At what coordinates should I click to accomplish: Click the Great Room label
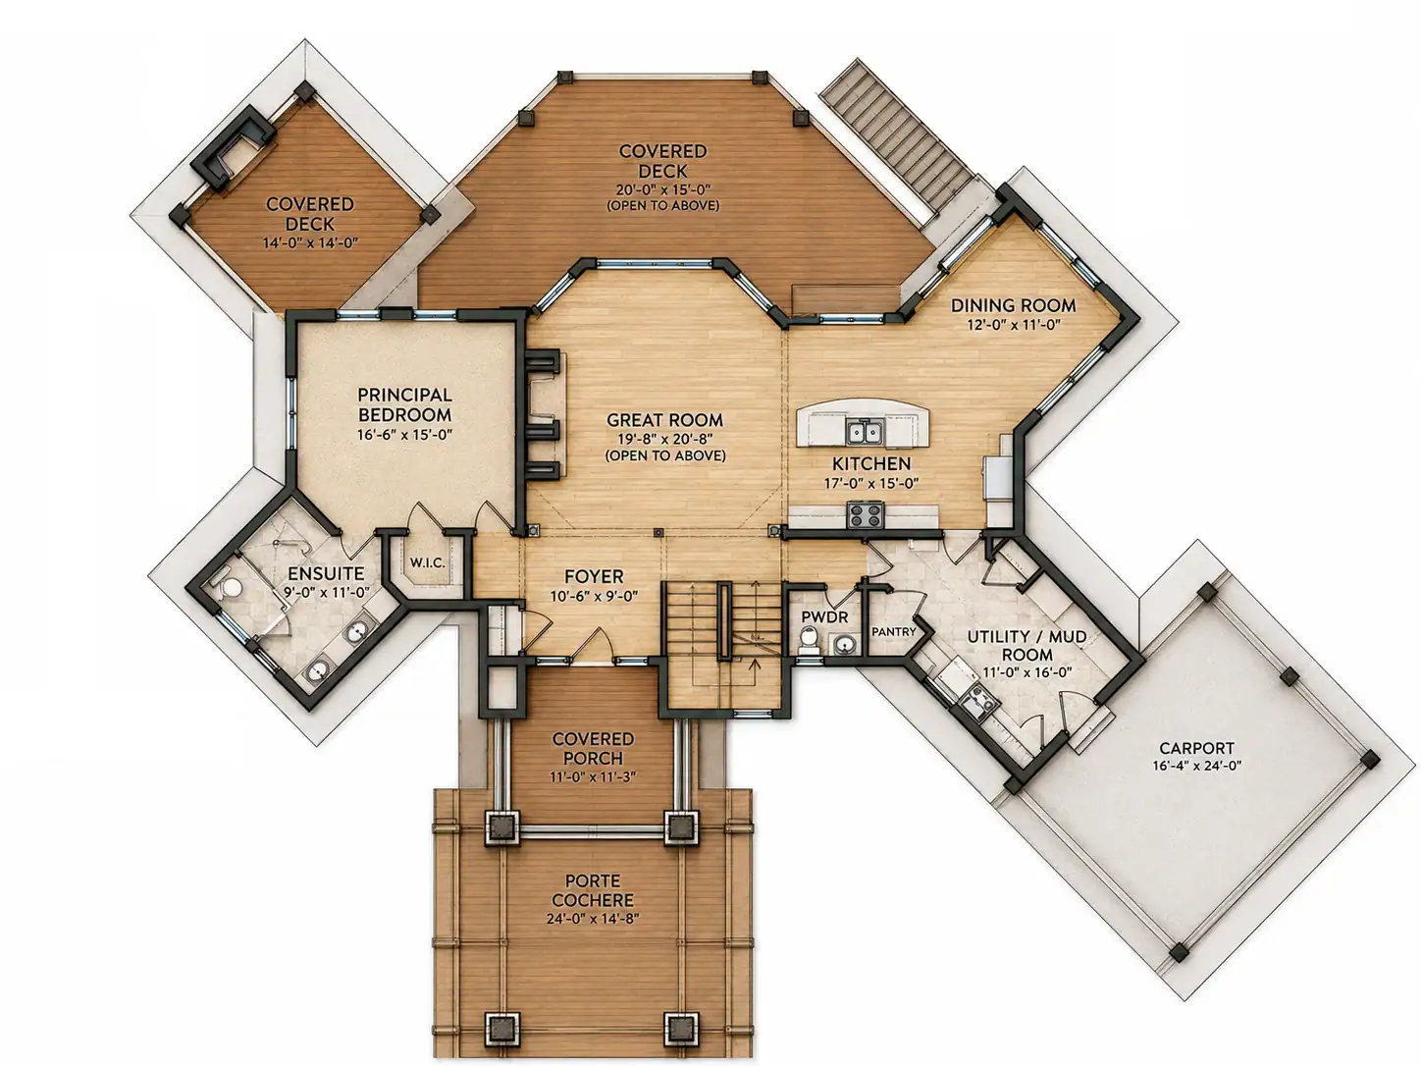pos(664,420)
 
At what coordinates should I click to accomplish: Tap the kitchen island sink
pos(865,432)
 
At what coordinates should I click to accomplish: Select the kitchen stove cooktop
pos(865,515)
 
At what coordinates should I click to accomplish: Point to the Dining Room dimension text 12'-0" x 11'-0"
pos(1014,324)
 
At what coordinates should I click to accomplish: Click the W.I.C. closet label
pos(427,562)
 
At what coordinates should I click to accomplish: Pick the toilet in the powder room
pos(809,641)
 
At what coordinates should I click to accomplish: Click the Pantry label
pos(894,631)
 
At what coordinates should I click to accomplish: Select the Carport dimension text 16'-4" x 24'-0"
pos(1197,766)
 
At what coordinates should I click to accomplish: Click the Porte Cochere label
pos(593,890)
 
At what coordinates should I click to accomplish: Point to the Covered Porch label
pos(593,748)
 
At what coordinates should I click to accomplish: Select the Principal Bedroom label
pos(404,404)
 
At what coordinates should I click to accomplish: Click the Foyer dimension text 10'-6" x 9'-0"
pos(595,596)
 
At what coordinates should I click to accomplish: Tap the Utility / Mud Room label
pos(1026,645)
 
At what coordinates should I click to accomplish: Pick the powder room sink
pos(844,644)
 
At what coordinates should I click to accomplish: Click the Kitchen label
pos(871,463)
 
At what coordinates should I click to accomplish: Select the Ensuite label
pos(326,573)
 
